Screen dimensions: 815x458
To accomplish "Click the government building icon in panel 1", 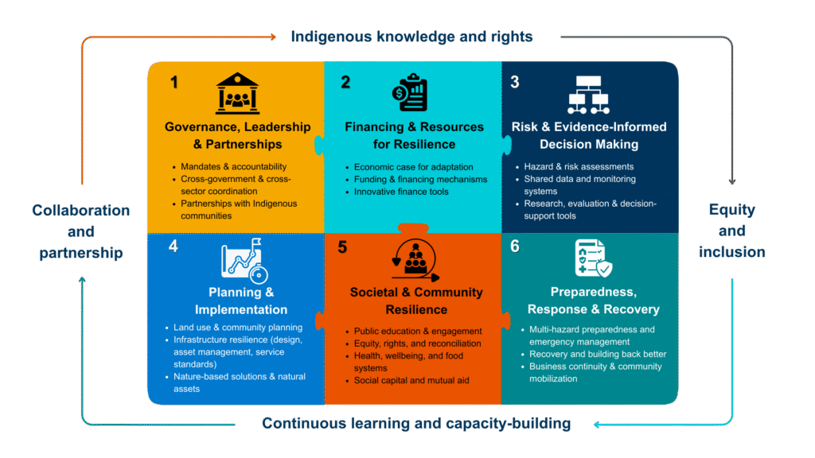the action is tap(237, 93).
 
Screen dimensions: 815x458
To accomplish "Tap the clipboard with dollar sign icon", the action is tap(410, 92).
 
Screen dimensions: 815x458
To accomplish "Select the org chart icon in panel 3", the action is tap(588, 95).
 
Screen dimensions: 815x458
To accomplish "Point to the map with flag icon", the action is tap(244, 260).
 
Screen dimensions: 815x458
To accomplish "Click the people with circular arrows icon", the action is tap(415, 260).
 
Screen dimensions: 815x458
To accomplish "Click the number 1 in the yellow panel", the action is tap(174, 82).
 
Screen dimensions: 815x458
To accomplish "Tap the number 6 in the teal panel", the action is tap(515, 246).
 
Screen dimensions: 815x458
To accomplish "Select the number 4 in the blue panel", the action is tap(174, 246).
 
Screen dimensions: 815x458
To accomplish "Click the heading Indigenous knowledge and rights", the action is tap(411, 37).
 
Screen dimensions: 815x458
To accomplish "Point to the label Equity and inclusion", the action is tap(732, 231).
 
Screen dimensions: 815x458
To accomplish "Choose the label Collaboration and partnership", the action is tap(81, 231).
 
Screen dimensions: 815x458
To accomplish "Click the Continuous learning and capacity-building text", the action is tap(416, 423).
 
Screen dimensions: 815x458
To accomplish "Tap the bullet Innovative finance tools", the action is tap(401, 192).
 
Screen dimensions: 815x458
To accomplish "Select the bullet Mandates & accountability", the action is tap(233, 167).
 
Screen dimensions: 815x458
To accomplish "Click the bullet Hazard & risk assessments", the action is tap(579, 167).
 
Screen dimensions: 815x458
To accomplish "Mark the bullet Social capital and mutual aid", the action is tap(411, 380).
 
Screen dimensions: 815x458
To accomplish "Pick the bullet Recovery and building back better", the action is tap(598, 354).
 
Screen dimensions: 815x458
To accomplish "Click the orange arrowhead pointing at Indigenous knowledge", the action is tap(273, 37).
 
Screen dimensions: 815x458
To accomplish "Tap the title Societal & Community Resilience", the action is tap(416, 301).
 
